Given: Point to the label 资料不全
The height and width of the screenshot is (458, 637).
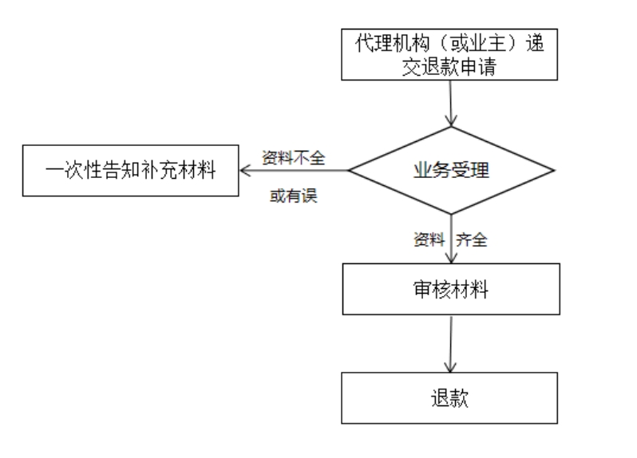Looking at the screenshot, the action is tap(293, 157).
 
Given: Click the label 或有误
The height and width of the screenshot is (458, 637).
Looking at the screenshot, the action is tap(293, 195).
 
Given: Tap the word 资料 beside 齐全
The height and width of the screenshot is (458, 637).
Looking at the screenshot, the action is tap(429, 239).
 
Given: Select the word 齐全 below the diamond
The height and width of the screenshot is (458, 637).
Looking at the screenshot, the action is tap(471, 239).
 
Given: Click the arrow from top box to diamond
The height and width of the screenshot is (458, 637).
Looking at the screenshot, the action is tap(450, 103).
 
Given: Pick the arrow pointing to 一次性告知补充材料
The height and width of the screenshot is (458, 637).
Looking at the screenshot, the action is tap(294, 171).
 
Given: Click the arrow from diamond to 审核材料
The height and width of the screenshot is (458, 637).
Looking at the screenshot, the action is tap(451, 239).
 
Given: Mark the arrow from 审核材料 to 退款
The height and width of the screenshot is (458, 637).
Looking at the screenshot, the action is tap(450, 343).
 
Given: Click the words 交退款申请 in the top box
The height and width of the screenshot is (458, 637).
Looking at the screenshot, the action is tap(449, 66).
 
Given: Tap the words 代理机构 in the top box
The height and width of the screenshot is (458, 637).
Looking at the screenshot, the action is tap(393, 43).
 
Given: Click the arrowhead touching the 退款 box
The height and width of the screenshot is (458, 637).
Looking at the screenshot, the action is tap(450, 366).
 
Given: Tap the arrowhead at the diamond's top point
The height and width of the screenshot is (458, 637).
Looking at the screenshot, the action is tap(451, 120).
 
